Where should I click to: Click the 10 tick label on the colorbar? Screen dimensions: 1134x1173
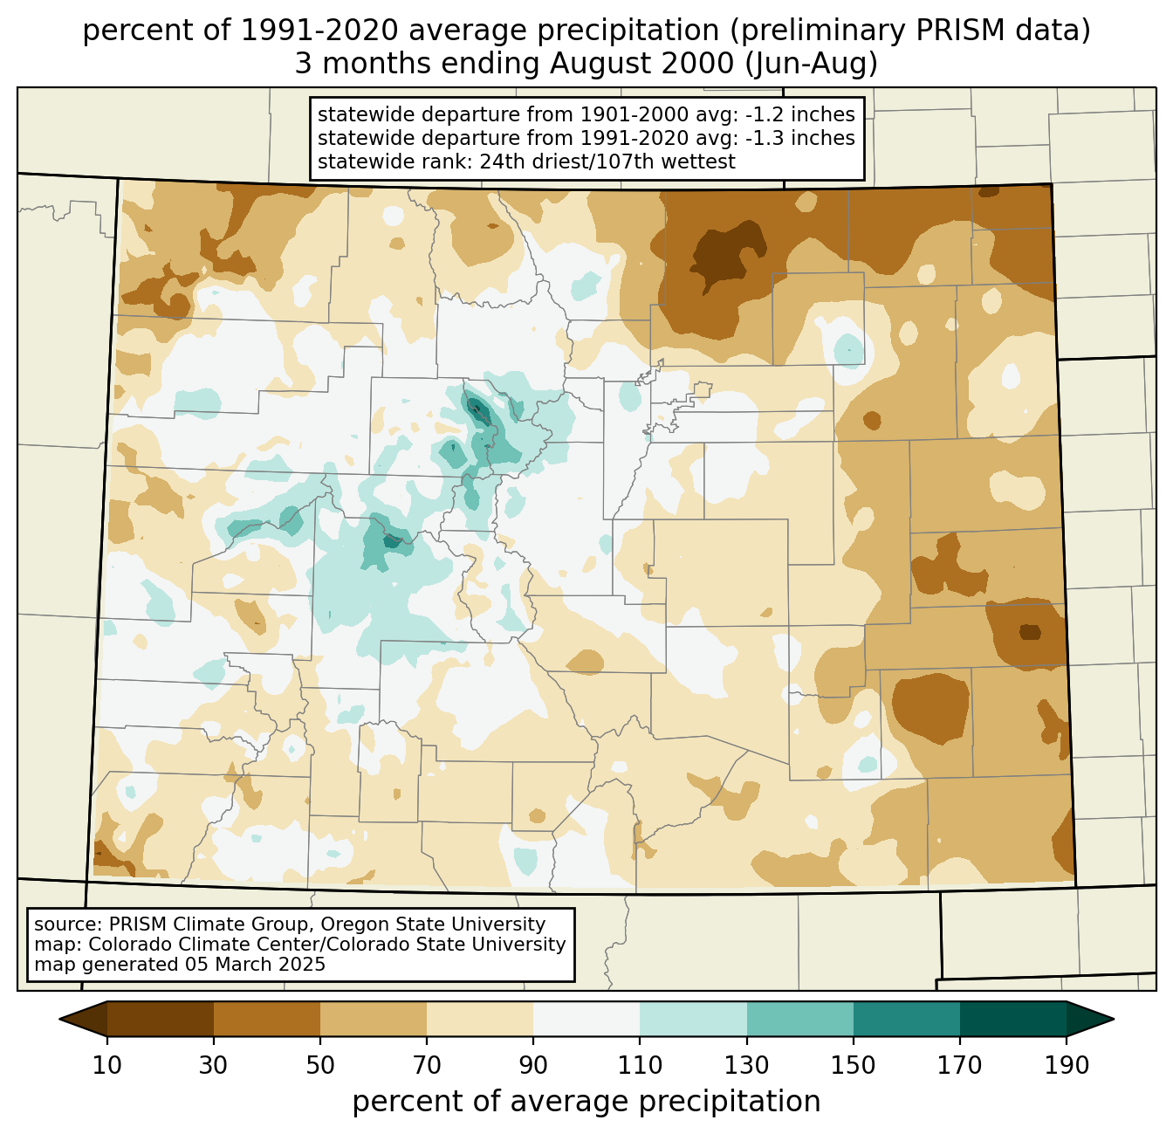coord(107,1065)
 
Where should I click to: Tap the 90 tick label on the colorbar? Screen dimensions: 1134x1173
coord(533,1065)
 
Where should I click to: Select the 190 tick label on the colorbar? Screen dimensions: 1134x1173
coord(1067,1065)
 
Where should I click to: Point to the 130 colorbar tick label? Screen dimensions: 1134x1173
coord(747,1065)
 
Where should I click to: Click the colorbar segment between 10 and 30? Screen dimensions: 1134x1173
coord(161,1019)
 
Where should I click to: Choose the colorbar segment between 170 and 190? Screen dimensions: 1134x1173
coord(1013,1019)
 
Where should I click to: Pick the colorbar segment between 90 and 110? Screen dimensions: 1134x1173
coord(586,1019)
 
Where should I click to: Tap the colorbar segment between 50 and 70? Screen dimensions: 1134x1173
coord(374,1019)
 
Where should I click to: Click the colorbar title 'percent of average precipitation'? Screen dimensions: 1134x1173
coord(586,1102)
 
